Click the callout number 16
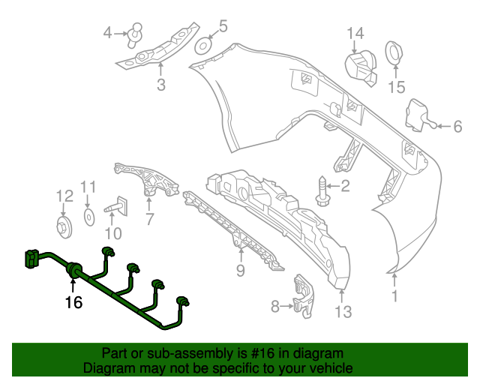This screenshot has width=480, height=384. pyautogui.click(x=73, y=303)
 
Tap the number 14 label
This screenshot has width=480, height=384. pyautogui.click(x=355, y=32)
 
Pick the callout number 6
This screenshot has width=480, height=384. pyautogui.click(x=457, y=127)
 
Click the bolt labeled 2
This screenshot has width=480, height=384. pyautogui.click(x=322, y=187)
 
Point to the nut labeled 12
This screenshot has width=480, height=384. pyautogui.click(x=64, y=226)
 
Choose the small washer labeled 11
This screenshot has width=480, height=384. pyautogui.click(x=88, y=217)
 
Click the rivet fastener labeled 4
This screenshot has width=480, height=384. pyautogui.click(x=135, y=32)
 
